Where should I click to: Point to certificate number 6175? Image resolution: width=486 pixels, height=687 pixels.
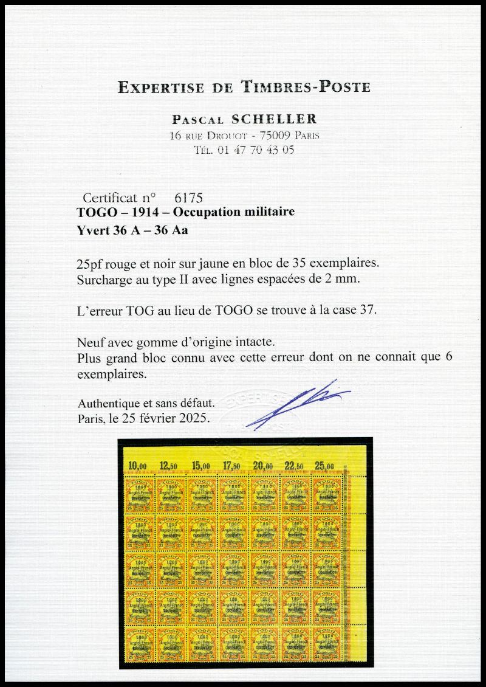point(188,198)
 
